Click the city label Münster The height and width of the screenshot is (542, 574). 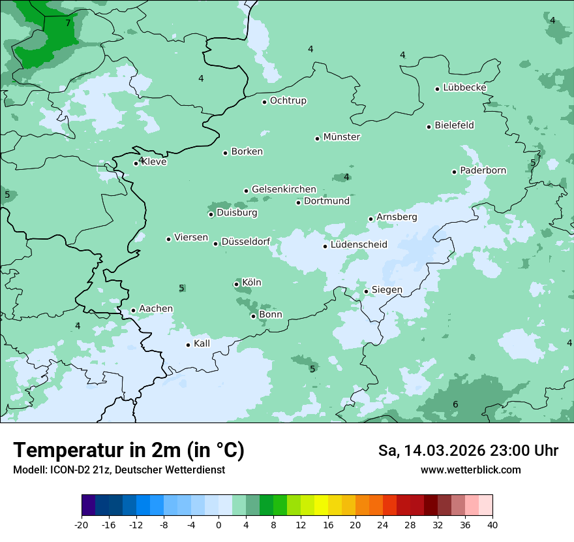click(342, 137)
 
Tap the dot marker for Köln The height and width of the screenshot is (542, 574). click(236, 284)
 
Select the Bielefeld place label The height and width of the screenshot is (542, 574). click(455, 125)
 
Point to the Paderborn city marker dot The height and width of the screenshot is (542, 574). click(454, 172)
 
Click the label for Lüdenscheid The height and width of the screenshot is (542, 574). click(359, 245)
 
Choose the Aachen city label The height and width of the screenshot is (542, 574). click(156, 309)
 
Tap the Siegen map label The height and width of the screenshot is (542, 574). click(387, 290)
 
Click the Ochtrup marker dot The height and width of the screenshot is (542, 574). click(264, 102)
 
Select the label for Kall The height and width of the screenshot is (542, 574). click(202, 343)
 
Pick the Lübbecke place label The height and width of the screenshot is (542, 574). click(464, 88)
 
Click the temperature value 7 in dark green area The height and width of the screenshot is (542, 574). click(68, 23)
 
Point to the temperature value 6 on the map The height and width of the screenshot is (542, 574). click(455, 405)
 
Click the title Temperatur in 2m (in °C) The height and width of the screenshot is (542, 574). click(129, 451)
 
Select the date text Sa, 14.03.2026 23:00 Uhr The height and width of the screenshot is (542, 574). click(468, 451)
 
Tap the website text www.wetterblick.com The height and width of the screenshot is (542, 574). click(470, 470)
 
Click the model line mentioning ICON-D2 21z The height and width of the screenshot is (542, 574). click(119, 470)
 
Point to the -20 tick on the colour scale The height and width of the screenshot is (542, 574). click(82, 525)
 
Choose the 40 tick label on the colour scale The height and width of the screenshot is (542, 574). click(492, 525)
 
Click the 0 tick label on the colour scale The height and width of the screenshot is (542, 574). click(219, 525)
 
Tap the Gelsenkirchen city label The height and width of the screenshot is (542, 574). click(284, 189)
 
